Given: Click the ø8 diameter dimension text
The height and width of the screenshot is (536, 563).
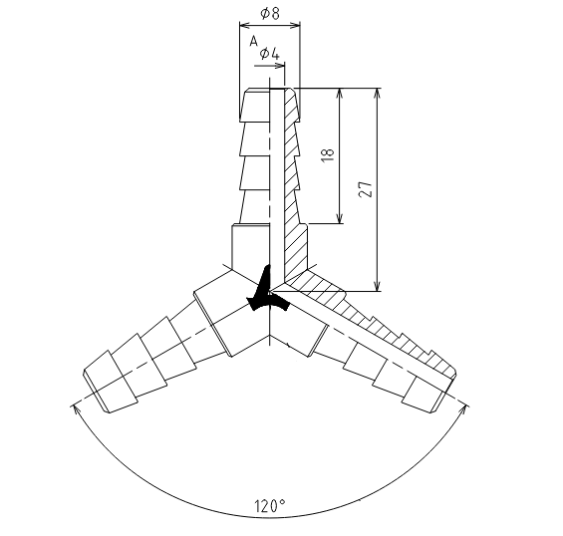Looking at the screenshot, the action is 270,13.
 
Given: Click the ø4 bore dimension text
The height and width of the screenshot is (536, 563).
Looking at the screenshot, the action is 269,54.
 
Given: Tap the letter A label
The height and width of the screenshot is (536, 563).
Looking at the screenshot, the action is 254,41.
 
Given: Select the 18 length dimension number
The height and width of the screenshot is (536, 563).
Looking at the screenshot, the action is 328,154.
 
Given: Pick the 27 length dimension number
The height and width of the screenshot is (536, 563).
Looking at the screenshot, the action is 366,188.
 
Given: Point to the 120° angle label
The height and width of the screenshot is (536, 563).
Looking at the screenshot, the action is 270,506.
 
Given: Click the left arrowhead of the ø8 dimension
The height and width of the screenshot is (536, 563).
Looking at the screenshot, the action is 244,25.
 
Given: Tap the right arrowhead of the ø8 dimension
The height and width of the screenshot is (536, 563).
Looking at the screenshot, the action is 296,25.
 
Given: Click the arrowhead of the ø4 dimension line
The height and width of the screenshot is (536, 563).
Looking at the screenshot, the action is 280,66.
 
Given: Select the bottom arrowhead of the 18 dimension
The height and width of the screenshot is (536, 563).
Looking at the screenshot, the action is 340,218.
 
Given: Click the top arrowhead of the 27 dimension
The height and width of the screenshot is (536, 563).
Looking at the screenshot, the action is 377,94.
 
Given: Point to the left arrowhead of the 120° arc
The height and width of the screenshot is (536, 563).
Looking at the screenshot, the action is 76,409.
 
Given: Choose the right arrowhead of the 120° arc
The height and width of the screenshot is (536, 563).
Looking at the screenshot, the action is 465,409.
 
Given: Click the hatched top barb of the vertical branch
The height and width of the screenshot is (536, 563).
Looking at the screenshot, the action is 292,105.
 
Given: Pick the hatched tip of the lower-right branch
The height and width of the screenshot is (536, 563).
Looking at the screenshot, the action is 443,367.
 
